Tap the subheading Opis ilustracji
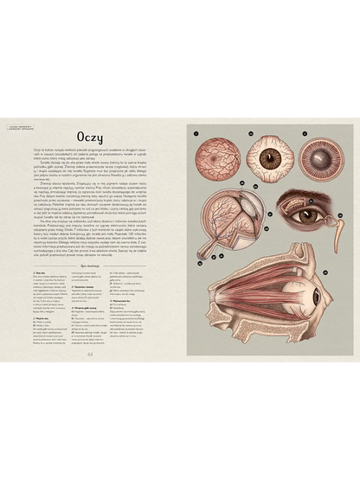(x=90, y=267)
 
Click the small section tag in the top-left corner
(x=19, y=127)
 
